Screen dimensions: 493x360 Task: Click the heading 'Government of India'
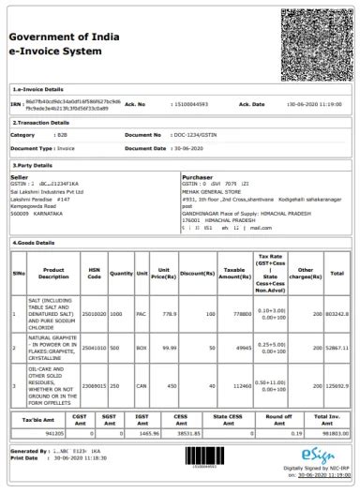coord(62,36)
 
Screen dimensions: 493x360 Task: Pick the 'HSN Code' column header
coord(94,274)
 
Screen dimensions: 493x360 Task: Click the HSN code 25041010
coord(94,348)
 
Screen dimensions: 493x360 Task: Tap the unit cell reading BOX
coord(142,348)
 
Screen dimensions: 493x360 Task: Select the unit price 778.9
coord(169,315)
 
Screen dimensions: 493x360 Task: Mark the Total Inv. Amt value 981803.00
coord(329,434)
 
